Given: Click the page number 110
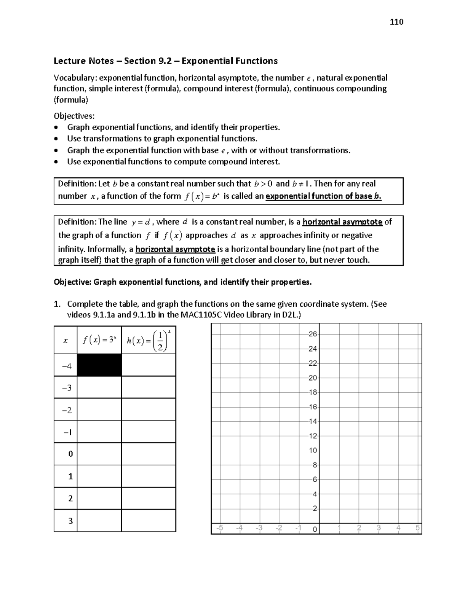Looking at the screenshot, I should (x=396, y=22).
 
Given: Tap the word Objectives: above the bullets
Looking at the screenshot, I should (x=74, y=116).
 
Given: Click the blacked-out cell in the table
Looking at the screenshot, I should (x=99, y=365).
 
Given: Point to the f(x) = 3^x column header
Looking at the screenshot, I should (x=99, y=340).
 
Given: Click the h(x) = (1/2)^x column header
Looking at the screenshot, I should (x=149, y=340).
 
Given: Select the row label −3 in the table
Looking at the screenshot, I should (x=66, y=388).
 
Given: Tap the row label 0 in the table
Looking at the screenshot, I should (x=70, y=454).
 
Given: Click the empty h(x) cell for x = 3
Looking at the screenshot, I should (x=149, y=521).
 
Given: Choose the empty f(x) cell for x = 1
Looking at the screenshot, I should (x=99, y=476).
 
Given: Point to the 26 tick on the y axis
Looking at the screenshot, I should (x=313, y=334).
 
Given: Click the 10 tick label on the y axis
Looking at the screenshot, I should (x=313, y=450).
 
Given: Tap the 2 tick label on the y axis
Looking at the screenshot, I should (x=315, y=508).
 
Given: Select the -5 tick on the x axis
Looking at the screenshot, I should (x=220, y=528).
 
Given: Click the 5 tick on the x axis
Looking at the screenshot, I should (x=417, y=528).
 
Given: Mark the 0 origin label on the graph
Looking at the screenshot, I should (x=315, y=529).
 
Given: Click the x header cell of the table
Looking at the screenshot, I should (x=66, y=340).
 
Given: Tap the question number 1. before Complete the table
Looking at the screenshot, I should (x=57, y=304).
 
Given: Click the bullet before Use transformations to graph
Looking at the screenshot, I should (x=57, y=139).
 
